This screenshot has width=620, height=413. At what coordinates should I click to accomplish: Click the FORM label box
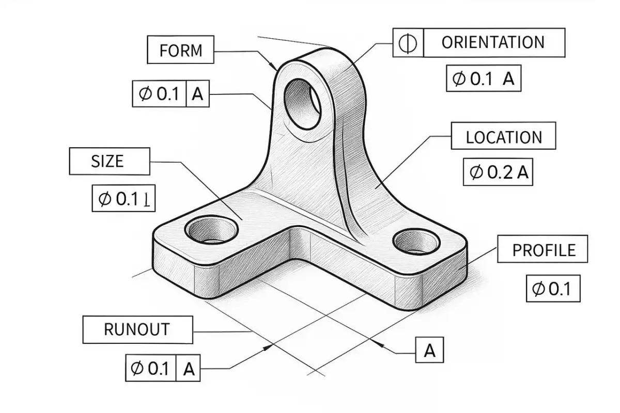(x=180, y=50)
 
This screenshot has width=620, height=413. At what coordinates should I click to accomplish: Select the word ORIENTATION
(x=493, y=42)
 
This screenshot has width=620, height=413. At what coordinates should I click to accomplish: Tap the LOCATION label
(x=503, y=137)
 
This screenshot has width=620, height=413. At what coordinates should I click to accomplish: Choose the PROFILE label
(x=543, y=250)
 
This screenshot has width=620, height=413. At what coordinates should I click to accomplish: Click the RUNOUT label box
(x=137, y=329)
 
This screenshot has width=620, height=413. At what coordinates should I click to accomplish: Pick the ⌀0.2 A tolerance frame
(x=498, y=173)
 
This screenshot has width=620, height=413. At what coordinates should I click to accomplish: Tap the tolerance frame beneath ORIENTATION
(x=483, y=79)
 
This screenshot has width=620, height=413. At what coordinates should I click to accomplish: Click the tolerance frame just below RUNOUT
(x=162, y=369)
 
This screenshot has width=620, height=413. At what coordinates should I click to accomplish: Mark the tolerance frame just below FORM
(x=171, y=94)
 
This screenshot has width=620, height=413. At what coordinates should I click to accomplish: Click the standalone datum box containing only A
(x=429, y=351)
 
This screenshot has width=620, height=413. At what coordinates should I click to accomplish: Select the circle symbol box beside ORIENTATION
(x=408, y=42)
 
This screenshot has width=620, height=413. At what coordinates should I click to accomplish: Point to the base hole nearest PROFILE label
(x=415, y=242)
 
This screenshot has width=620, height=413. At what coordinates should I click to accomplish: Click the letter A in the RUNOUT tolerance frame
(x=189, y=369)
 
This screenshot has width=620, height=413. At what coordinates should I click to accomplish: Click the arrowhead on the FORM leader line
(x=273, y=66)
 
